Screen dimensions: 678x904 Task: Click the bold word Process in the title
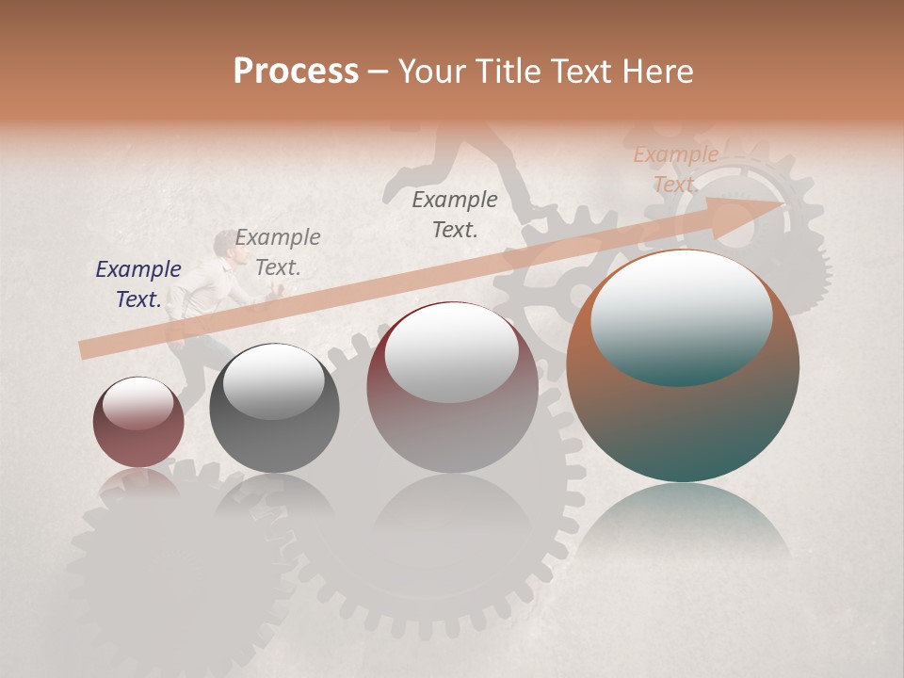click(x=296, y=72)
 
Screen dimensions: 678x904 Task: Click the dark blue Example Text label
click(x=138, y=284)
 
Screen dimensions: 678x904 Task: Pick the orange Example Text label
click(x=675, y=169)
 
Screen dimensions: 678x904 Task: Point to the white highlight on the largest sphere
click(x=682, y=315)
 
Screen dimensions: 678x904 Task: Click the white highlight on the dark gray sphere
click(x=273, y=381)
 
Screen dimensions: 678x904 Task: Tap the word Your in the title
click(x=431, y=72)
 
